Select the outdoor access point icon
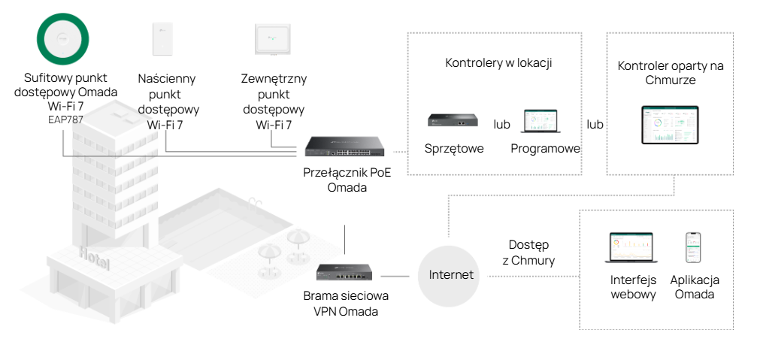tap(274, 38)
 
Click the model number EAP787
tap(65, 119)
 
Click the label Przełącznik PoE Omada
tap(347, 179)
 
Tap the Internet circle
tap(451, 275)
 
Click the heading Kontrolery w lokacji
tap(498, 63)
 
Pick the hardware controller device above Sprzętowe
tap(453, 119)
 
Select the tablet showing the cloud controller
tap(670, 125)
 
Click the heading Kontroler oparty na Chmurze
tap(670, 73)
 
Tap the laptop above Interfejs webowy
tap(630, 247)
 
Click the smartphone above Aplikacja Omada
tap(693, 249)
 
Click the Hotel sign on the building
tap(95, 259)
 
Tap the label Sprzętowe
tap(453, 148)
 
